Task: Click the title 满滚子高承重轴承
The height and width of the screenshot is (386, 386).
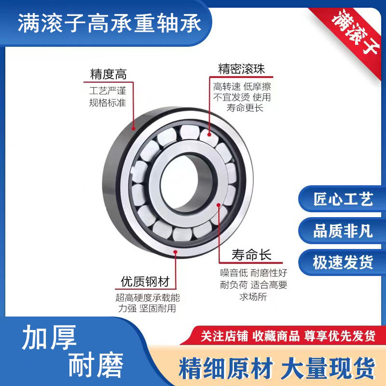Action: [x=110, y=23]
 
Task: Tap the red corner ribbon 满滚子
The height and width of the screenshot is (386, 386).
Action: [x=355, y=31]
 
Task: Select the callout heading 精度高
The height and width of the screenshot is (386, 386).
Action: [x=108, y=74]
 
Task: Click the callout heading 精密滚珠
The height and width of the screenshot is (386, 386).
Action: [x=242, y=69]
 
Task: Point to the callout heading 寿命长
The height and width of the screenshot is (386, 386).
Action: [x=251, y=255]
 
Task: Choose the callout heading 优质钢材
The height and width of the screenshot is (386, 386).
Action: [x=145, y=281]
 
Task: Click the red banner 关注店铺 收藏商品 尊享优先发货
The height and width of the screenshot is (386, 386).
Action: [x=288, y=336]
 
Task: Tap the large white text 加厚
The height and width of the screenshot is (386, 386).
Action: [x=49, y=337]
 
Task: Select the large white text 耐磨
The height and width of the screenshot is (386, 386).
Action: [x=96, y=365]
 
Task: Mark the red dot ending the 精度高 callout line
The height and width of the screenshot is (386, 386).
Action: [x=134, y=128]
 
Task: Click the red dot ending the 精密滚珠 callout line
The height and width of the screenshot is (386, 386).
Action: [x=209, y=135]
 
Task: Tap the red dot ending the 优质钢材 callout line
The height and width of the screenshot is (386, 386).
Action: [x=175, y=252]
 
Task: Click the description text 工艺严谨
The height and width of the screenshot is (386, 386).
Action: [x=108, y=91]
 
